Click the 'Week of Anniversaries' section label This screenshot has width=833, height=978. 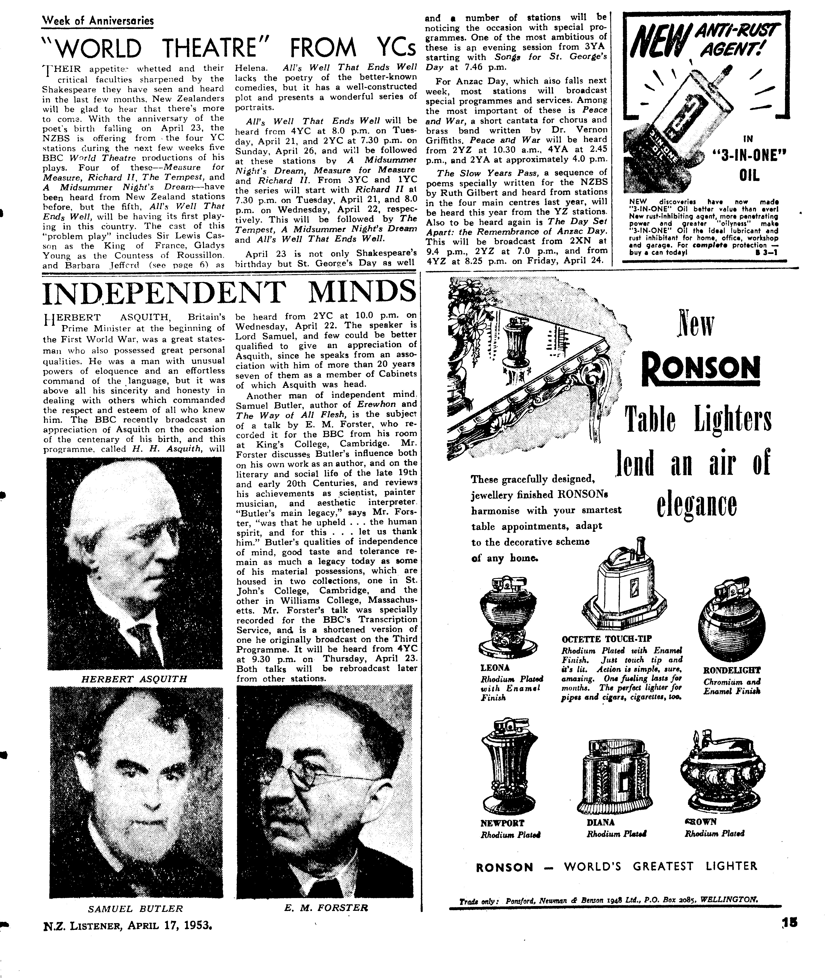[98, 21]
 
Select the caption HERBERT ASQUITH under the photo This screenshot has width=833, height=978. [134, 679]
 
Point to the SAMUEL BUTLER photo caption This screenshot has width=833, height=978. [135, 909]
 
